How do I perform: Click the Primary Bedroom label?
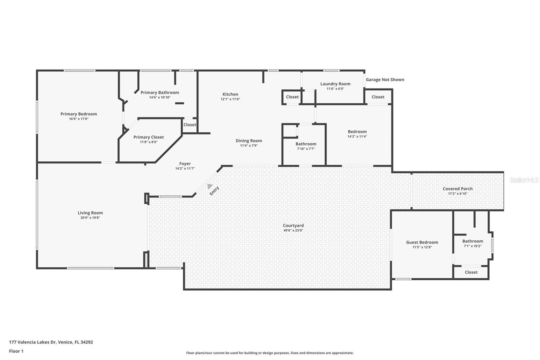79,114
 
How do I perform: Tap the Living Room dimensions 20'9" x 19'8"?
90,218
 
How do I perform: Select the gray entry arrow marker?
210,186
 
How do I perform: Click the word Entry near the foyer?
214,191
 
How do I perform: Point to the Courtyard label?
293,226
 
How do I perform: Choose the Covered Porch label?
458,189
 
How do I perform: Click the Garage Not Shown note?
385,80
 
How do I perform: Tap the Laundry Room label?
335,84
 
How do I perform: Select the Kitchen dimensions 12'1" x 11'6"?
230,99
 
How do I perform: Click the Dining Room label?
249,141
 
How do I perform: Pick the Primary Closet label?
148,137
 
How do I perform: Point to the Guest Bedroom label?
422,242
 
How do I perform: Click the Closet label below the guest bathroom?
471,272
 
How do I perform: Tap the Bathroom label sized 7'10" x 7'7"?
306,144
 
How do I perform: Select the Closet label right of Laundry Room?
378,97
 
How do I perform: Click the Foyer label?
185,164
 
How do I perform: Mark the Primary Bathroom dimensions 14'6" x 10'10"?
160,98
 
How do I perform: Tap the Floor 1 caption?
16,351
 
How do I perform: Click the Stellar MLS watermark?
524,180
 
